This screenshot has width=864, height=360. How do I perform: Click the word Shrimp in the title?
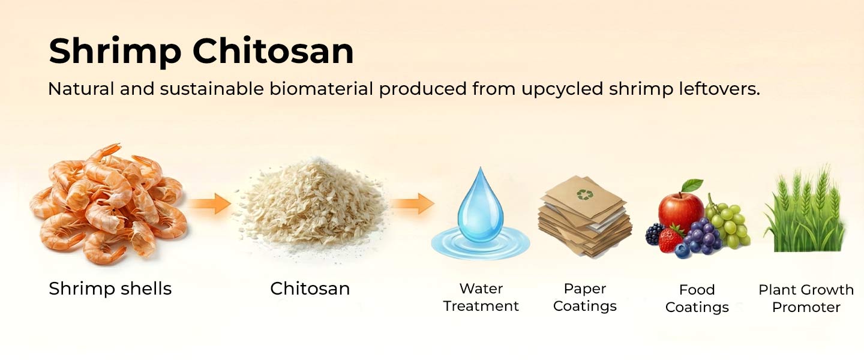(115, 52)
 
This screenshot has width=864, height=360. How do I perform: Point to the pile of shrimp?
(108, 204)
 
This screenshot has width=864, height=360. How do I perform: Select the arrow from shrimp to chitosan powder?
(209, 204)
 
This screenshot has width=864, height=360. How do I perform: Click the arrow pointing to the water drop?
(412, 204)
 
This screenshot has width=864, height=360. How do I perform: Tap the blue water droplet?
(480, 207)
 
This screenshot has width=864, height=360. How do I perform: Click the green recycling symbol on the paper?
(583, 194)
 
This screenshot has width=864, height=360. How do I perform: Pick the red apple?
(680, 209)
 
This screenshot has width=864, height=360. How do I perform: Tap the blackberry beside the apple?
(654, 233)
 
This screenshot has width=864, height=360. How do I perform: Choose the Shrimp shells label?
(110, 289)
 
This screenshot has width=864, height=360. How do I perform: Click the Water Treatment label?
(481, 298)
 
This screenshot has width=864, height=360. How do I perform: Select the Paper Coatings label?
(584, 298)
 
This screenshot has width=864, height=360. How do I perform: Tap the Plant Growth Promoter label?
(806, 298)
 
